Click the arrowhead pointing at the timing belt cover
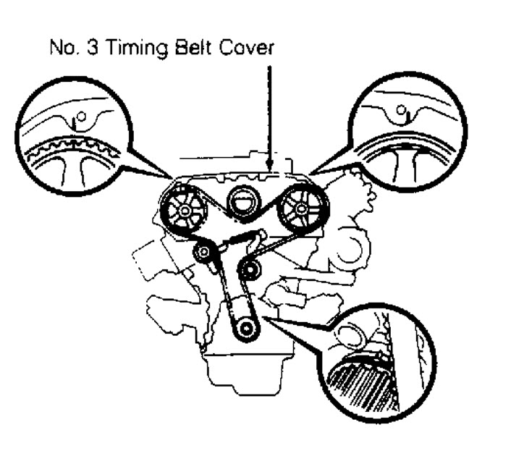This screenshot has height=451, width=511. (269, 168)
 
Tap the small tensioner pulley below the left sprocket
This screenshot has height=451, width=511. (204, 253)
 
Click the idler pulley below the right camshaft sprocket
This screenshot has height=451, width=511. (252, 271)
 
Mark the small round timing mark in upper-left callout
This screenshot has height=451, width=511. (81, 116)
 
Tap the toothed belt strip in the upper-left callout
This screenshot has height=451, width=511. (72, 148)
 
